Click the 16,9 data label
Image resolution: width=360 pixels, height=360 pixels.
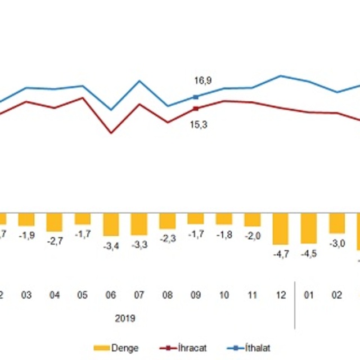200,81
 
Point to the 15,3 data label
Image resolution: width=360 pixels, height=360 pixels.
200,125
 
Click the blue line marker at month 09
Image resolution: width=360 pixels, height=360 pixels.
196,97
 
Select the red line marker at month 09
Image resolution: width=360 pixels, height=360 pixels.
196,109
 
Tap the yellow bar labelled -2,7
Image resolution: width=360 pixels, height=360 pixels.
55,222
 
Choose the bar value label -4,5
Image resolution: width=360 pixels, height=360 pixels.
309,253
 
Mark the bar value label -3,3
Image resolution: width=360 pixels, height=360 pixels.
139,245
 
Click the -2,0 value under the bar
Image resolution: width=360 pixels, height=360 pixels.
253,236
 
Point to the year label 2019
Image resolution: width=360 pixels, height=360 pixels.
125,318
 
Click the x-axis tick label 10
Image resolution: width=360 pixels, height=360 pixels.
224,294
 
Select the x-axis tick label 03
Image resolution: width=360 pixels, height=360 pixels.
26,294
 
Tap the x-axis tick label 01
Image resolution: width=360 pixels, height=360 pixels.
309,294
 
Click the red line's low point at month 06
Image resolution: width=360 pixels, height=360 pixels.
111,133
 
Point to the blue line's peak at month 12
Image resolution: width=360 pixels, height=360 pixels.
281,75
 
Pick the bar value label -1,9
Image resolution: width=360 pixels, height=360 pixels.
26,235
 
